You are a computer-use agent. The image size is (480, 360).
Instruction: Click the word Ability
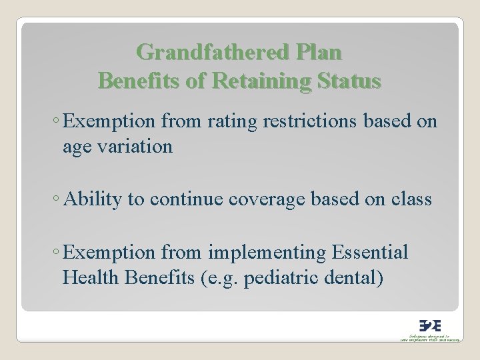89,199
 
